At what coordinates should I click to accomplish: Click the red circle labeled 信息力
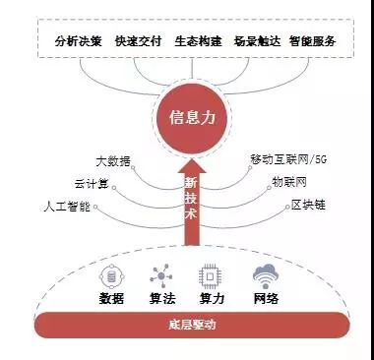[x=192, y=118]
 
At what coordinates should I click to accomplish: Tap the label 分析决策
[x=79, y=41]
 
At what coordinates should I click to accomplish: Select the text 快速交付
[x=139, y=41]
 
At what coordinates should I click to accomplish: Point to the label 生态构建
[x=198, y=41]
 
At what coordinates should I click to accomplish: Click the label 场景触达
[x=257, y=41]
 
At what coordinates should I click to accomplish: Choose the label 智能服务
[x=312, y=41]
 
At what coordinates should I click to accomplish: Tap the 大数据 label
[x=113, y=161]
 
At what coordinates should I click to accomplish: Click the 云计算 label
[x=92, y=184]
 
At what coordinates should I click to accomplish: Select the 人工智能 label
[x=67, y=207]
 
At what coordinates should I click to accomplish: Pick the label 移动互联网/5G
[x=288, y=159]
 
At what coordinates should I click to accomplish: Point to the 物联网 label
[x=289, y=182]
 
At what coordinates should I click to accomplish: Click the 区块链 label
[x=308, y=205]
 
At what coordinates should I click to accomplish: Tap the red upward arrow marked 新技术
[x=192, y=203]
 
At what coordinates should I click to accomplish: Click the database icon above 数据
[x=112, y=277]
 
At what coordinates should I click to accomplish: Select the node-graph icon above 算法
[x=161, y=275]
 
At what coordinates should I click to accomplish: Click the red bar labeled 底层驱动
[x=192, y=325]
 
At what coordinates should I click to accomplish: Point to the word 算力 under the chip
[x=212, y=299]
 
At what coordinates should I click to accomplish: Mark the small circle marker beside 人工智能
[x=95, y=207]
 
